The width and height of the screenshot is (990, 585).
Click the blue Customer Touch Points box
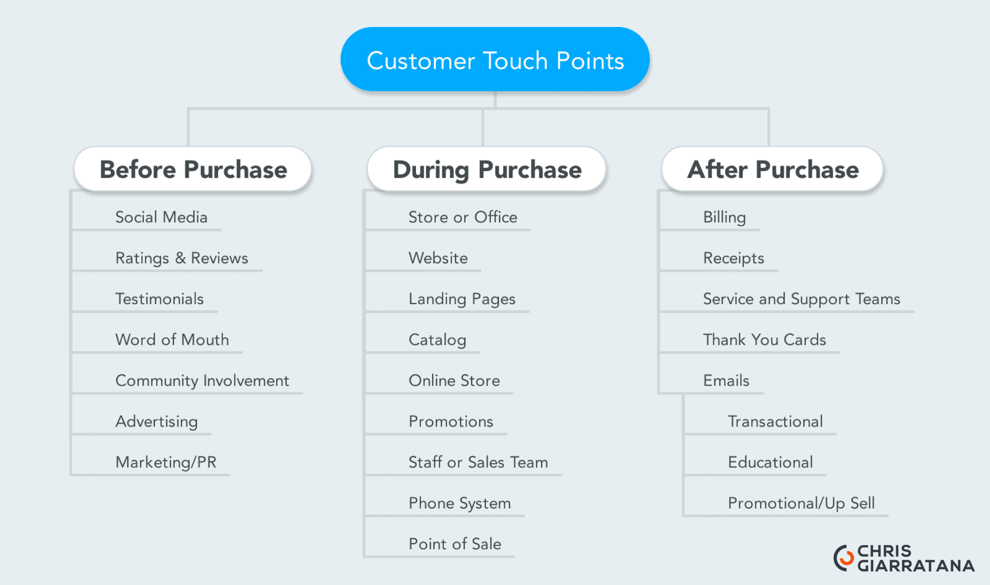pos(495,59)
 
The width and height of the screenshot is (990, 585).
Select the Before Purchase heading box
pos(193,169)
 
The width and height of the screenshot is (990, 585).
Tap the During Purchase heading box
pos(487,169)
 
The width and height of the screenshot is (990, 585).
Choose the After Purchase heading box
pos(772,169)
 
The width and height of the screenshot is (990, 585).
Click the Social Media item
pos(161,217)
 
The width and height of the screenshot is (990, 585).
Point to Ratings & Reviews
pos(182,258)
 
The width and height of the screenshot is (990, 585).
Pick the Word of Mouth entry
pos(172,340)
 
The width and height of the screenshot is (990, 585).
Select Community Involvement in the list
pos(202,381)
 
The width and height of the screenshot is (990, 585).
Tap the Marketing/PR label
pos(166,462)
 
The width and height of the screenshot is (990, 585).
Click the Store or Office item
pos(463,217)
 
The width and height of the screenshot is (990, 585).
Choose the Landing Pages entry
pos(462,299)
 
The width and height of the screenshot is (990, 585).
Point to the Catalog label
pos(438,340)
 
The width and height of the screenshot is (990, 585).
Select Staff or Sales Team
pos(478,462)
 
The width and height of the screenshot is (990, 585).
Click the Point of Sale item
pos(455,544)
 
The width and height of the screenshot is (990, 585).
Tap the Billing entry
pos(725,217)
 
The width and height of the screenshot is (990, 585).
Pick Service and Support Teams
pos(801,299)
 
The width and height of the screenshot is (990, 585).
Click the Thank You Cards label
pos(765,340)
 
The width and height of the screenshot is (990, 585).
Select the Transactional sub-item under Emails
pos(775,421)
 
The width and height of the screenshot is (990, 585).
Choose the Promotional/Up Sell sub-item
pos(801,503)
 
